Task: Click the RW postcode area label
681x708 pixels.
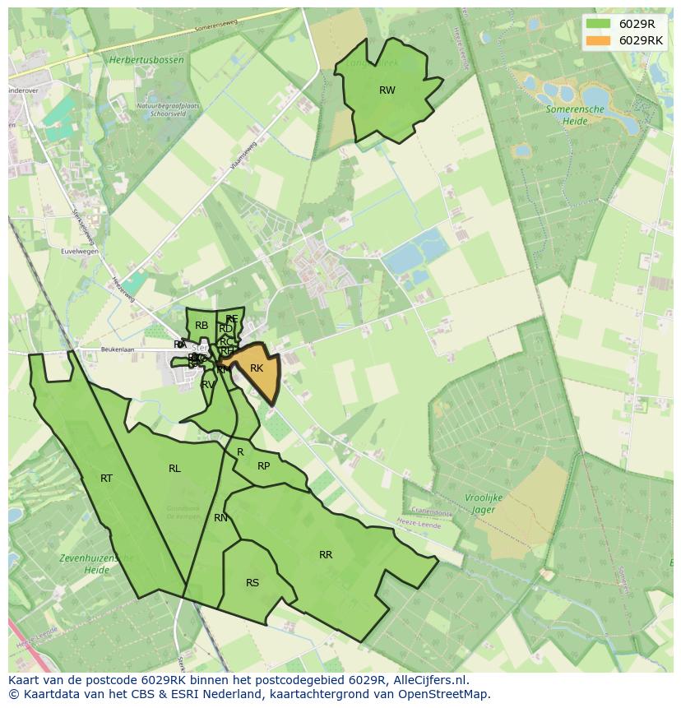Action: (x=387, y=90)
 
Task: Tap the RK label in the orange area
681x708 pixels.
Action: (x=257, y=368)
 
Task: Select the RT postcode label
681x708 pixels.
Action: (x=106, y=479)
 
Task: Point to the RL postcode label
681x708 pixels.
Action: (x=174, y=469)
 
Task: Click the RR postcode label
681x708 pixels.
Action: (x=326, y=555)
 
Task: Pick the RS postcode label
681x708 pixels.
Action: (x=252, y=583)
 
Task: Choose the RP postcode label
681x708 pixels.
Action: (x=263, y=466)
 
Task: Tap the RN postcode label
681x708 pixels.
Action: (x=220, y=518)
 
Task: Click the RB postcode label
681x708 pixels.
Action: (x=202, y=326)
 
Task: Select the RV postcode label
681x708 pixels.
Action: (x=208, y=384)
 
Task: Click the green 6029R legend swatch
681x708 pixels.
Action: (x=599, y=23)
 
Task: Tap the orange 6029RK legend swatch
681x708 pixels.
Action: (x=599, y=40)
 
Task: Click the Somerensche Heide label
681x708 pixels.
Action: (x=575, y=114)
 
